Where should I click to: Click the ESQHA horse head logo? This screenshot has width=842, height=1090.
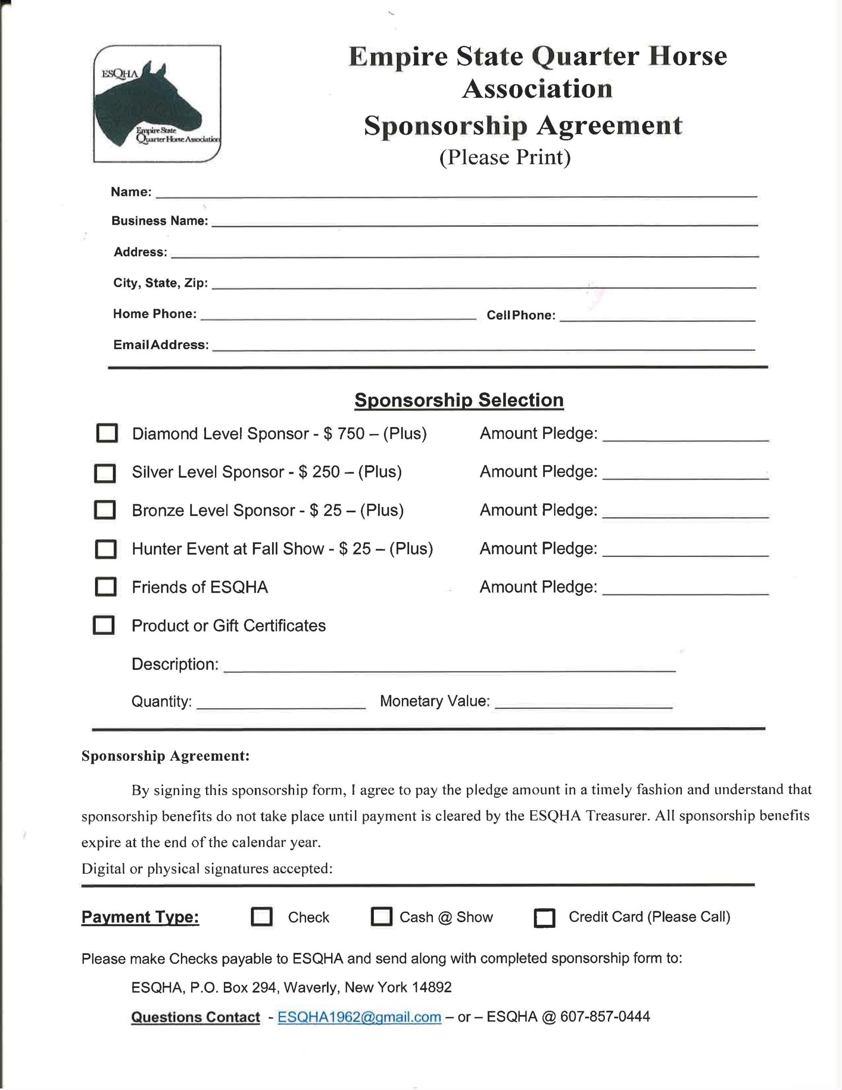[x=157, y=104]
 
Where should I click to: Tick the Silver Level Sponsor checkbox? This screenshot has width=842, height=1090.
[x=105, y=473]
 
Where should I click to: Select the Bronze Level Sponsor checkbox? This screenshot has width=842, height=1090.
[x=105, y=510]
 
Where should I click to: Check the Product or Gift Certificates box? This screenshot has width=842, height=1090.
[x=104, y=625]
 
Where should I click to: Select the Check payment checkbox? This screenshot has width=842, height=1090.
[x=261, y=917]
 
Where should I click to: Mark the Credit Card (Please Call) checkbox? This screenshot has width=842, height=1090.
[x=544, y=918]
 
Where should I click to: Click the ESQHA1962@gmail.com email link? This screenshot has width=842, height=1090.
[x=359, y=1017]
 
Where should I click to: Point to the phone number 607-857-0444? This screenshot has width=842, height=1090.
[x=605, y=1017]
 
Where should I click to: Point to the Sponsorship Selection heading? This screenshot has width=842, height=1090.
[x=459, y=400]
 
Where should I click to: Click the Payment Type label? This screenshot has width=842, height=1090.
[x=140, y=917]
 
